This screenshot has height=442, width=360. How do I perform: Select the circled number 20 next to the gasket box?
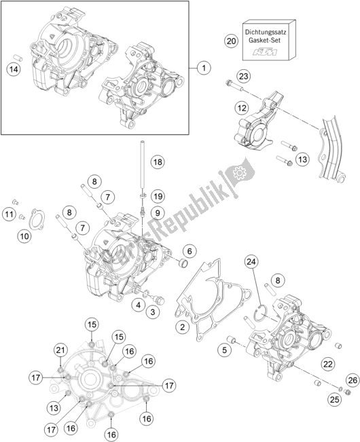(x=231, y=41)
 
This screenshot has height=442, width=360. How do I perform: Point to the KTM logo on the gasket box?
(x=264, y=52)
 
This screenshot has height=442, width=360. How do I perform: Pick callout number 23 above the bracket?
(x=244, y=76)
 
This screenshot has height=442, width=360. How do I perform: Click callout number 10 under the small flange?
(x=25, y=236)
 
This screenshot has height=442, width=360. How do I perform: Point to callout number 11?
(x=10, y=215)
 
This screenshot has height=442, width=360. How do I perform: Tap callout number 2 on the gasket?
(x=181, y=328)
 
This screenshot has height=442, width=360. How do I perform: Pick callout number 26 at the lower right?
(x=351, y=379)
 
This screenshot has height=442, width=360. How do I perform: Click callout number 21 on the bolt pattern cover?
(x=60, y=350)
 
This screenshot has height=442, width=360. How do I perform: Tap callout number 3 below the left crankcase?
(x=154, y=312)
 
